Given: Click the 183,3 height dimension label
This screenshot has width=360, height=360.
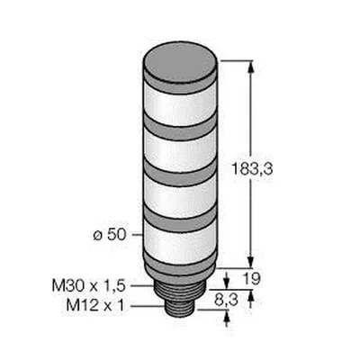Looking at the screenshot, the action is pos(252,169).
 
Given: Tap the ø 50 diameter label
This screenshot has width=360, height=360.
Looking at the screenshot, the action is pos(109,234).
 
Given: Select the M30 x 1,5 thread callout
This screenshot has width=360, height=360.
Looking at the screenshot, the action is pos(88,285).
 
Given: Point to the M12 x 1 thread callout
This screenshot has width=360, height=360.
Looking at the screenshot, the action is pos(94,306).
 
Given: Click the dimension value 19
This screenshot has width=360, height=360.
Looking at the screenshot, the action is pos(251,279).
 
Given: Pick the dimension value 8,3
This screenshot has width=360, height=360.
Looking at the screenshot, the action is pos(227,300).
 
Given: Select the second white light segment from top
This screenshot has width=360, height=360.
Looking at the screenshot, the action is pos(180,151).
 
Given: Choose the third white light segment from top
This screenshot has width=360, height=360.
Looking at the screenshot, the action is pos(180,196).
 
